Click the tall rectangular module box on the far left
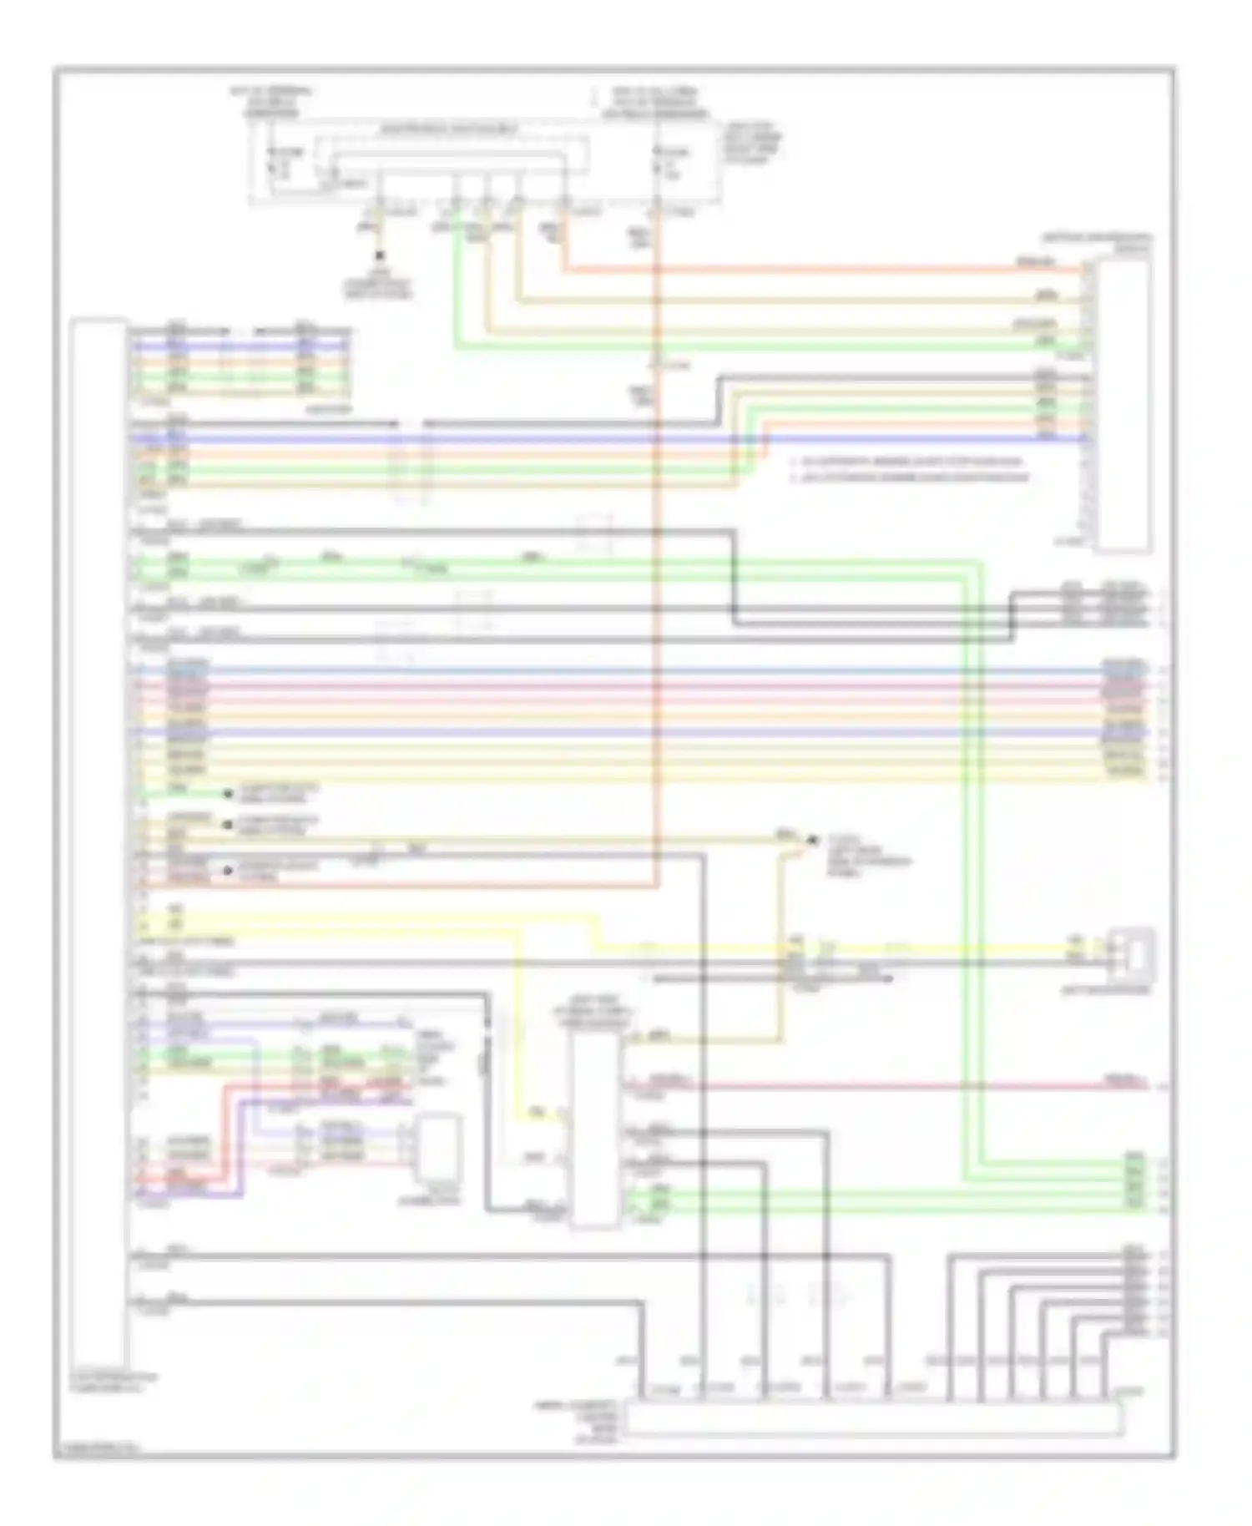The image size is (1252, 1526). pyautogui.click(x=99, y=843)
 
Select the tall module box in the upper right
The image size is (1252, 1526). pyautogui.click(x=1123, y=405)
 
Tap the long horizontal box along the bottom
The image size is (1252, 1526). pyautogui.click(x=872, y=1419)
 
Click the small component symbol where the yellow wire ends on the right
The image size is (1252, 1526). pyautogui.click(x=1132, y=951)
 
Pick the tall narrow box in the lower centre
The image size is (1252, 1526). pyautogui.click(x=594, y=1127)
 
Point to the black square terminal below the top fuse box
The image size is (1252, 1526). pyautogui.click(x=381, y=256)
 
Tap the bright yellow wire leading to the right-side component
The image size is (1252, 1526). pyautogui.click(x=835, y=949)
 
